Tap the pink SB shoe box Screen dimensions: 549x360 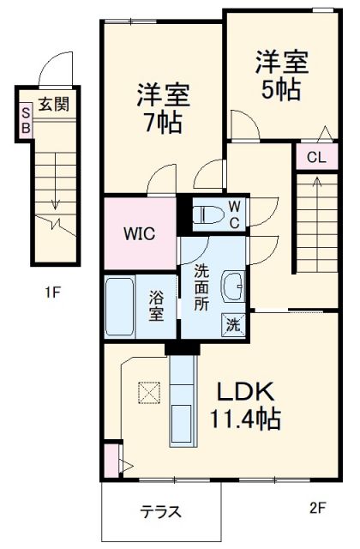click(x=26, y=119)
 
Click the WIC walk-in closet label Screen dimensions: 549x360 click(x=137, y=233)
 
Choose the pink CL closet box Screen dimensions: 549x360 click(x=315, y=157)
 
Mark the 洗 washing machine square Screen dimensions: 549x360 click(x=234, y=324)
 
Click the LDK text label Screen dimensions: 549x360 click(x=243, y=393)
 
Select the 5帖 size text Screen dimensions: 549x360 click(x=280, y=89)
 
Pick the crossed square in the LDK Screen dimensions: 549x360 click(x=148, y=393)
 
